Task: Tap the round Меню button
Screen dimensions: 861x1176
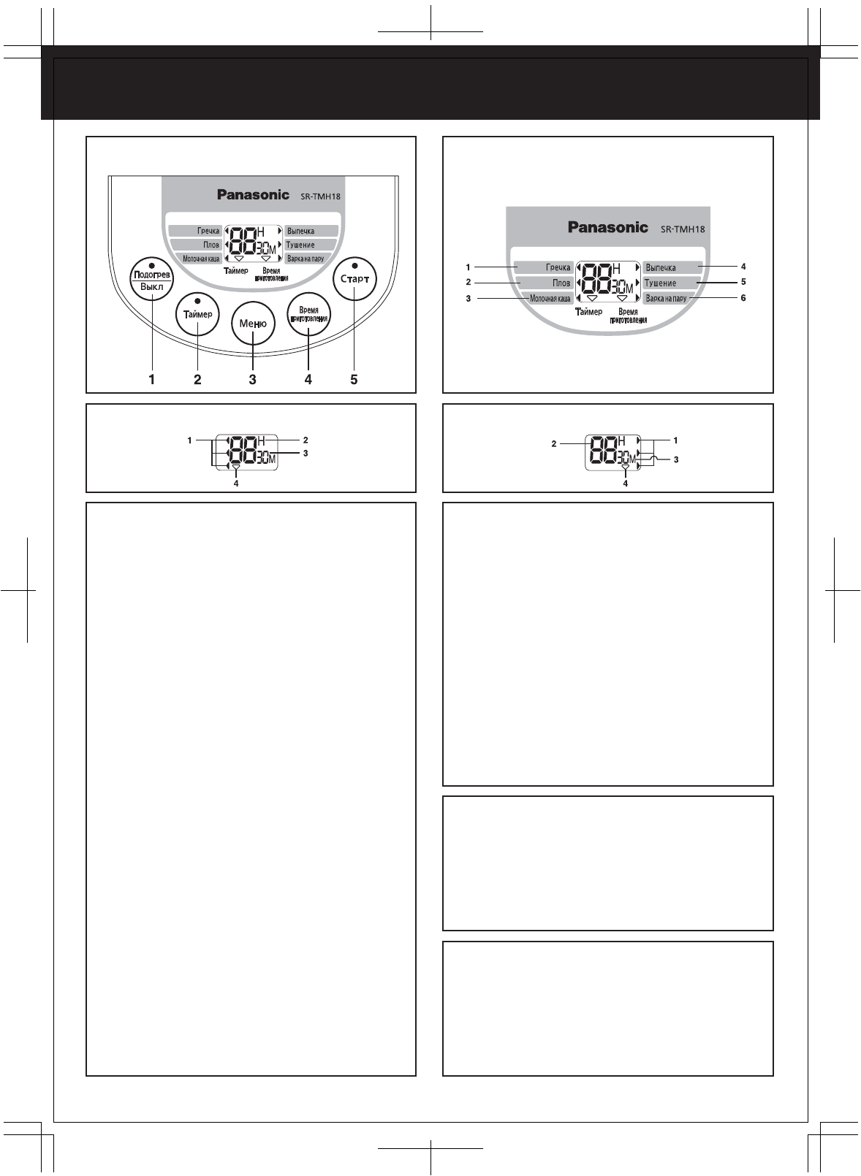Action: click(x=253, y=324)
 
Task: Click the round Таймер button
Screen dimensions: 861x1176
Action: click(x=197, y=314)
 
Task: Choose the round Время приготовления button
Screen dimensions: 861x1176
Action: click(x=308, y=315)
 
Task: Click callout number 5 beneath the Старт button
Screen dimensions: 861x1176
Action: click(x=354, y=379)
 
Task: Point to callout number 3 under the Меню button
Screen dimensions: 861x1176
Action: click(x=252, y=379)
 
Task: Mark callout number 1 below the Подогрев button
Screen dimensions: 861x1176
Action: click(x=152, y=379)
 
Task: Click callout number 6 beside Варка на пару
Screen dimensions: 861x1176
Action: click(x=743, y=298)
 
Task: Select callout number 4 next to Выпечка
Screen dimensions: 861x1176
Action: click(x=743, y=267)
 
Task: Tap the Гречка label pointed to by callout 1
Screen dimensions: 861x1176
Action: click(x=557, y=267)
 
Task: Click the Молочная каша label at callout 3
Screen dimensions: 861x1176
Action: click(x=550, y=298)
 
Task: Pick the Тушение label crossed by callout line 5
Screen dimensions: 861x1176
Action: click(x=661, y=283)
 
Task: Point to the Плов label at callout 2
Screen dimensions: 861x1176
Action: click(x=561, y=283)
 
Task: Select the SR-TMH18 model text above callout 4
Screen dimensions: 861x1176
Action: click(x=683, y=229)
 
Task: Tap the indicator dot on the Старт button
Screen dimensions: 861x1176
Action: click(x=354, y=265)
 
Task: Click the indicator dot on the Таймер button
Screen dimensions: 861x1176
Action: click(x=197, y=300)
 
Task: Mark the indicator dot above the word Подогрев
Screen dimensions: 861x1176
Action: click(x=151, y=264)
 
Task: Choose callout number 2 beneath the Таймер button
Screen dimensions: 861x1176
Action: click(x=197, y=379)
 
